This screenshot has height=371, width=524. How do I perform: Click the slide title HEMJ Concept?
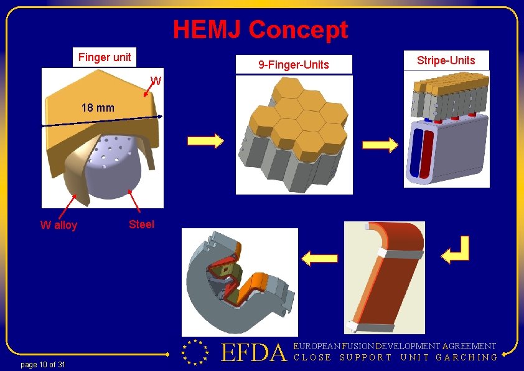(x=260, y=29)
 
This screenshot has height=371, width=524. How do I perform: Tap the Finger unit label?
(x=105, y=57)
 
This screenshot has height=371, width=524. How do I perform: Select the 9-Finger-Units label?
(x=294, y=65)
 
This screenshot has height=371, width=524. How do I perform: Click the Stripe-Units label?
(x=446, y=60)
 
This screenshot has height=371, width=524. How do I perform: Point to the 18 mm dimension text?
(x=98, y=107)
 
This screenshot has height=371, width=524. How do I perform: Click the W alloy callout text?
(x=58, y=225)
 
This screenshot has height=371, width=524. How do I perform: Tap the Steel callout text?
(x=141, y=224)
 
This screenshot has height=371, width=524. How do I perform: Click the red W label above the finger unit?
(x=156, y=80)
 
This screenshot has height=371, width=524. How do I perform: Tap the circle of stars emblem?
(x=194, y=352)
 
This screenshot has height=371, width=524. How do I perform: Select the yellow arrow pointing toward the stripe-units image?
(x=380, y=146)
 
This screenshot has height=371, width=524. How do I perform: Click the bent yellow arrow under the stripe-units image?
(x=454, y=252)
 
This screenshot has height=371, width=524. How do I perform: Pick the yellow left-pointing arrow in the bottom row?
(x=319, y=257)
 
